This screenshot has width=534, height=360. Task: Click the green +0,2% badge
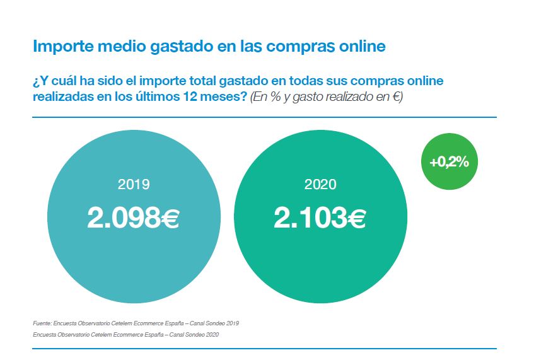click(449, 162)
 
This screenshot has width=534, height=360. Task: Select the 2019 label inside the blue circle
click(134, 185)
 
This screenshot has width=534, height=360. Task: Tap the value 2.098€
click(134, 218)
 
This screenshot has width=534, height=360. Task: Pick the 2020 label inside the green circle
click(320, 185)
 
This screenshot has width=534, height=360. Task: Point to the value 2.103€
click(320, 218)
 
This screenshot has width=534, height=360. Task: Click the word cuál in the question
click(61, 82)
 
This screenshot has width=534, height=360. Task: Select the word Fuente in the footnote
click(42, 323)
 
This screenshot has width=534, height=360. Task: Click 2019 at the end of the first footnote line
click(232, 323)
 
